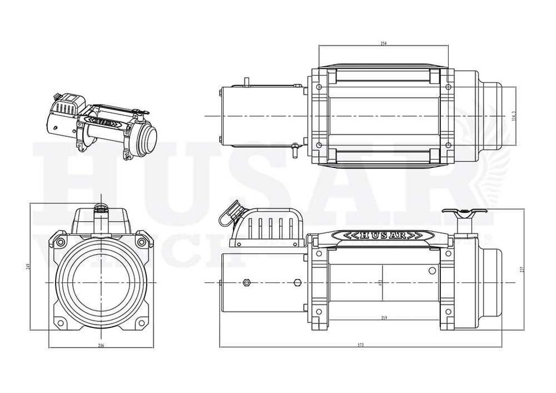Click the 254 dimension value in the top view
point(383,43)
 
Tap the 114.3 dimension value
point(513,116)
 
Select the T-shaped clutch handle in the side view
point(464,213)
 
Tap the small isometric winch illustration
point(101,121)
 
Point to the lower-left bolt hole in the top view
point(319,145)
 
